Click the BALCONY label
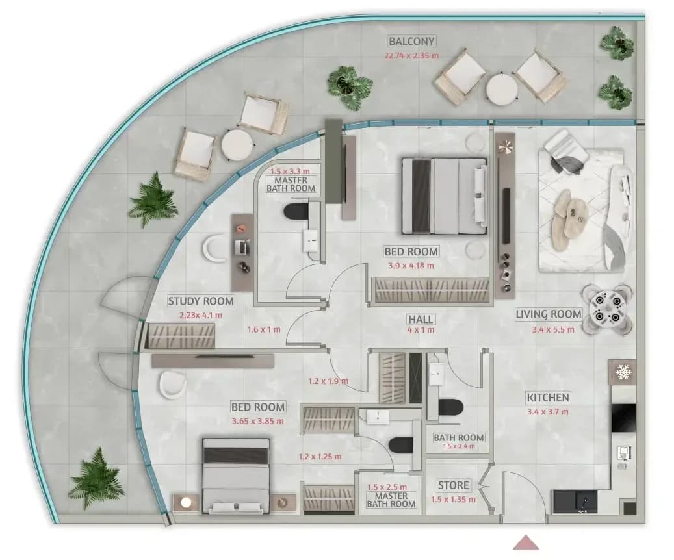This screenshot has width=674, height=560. tap(412, 42)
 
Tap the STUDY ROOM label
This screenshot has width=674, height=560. tap(201, 301)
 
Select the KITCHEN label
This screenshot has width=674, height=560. tap(548, 398)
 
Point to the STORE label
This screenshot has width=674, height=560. tap(454, 486)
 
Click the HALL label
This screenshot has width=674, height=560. tap(421, 320)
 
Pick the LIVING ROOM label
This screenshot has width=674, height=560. tap(549, 314)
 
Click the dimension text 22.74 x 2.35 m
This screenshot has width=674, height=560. tap(411, 55)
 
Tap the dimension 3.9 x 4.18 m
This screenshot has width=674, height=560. tap(411, 266)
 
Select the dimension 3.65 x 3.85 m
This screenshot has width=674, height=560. tap(257, 421)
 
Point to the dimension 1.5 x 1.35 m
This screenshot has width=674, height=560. tap(453, 500)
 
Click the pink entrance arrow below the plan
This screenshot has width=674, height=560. tap(525, 542)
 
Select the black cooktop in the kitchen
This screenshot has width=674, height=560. tap(623, 418)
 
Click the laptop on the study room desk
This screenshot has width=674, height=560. tap(242, 247)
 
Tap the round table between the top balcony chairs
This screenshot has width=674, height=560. tap(502, 88)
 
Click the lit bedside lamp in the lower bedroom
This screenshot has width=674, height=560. tap(186, 502)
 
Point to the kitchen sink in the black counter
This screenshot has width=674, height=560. tap(584, 502)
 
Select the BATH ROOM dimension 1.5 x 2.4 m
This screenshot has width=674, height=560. tap(459, 446)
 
